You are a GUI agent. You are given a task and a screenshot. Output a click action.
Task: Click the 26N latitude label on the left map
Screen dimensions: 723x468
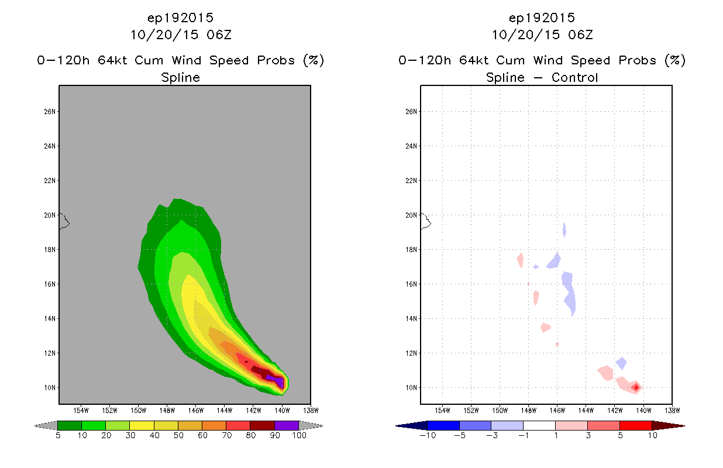50,112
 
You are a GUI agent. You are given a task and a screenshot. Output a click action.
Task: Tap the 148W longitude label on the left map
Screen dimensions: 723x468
167,411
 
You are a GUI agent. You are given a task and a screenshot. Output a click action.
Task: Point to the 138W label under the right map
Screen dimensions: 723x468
672,411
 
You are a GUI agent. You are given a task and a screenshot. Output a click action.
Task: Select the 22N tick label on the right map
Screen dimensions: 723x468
411,181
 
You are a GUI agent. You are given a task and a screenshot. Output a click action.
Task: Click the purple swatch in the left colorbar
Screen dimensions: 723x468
287,425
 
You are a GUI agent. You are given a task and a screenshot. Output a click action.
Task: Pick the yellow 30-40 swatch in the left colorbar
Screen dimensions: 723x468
142,425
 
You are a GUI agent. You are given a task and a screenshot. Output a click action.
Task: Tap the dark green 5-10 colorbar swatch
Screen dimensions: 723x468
70,425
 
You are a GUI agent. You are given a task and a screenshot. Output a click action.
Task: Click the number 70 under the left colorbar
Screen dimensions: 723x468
226,435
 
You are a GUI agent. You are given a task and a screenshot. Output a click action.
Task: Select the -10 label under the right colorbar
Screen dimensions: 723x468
428,435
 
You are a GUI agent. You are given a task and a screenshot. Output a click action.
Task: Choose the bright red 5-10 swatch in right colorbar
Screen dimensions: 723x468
636,425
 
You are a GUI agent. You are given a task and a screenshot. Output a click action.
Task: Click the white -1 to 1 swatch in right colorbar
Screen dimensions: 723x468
539,425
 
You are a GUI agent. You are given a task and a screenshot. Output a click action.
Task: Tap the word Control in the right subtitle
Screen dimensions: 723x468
574,78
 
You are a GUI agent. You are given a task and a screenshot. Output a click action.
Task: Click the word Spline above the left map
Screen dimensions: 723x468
180,78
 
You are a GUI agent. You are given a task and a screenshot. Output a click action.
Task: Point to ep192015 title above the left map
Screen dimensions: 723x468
180,18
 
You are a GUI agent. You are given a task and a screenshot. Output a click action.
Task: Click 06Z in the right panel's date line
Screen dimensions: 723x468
580,35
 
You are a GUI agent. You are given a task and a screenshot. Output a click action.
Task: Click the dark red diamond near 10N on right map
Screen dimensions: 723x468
636,387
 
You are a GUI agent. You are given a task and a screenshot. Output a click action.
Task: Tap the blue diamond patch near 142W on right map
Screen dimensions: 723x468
621,363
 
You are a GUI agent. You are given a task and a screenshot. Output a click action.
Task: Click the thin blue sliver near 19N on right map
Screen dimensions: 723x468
564,230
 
